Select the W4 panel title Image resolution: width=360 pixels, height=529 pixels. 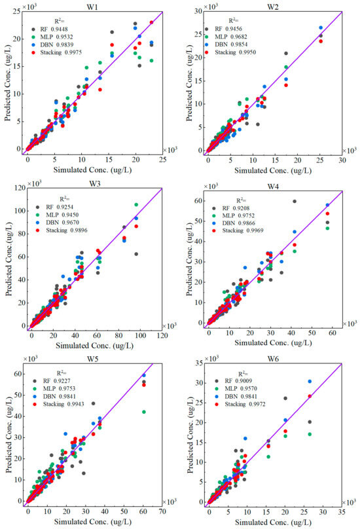pos(273,184)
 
